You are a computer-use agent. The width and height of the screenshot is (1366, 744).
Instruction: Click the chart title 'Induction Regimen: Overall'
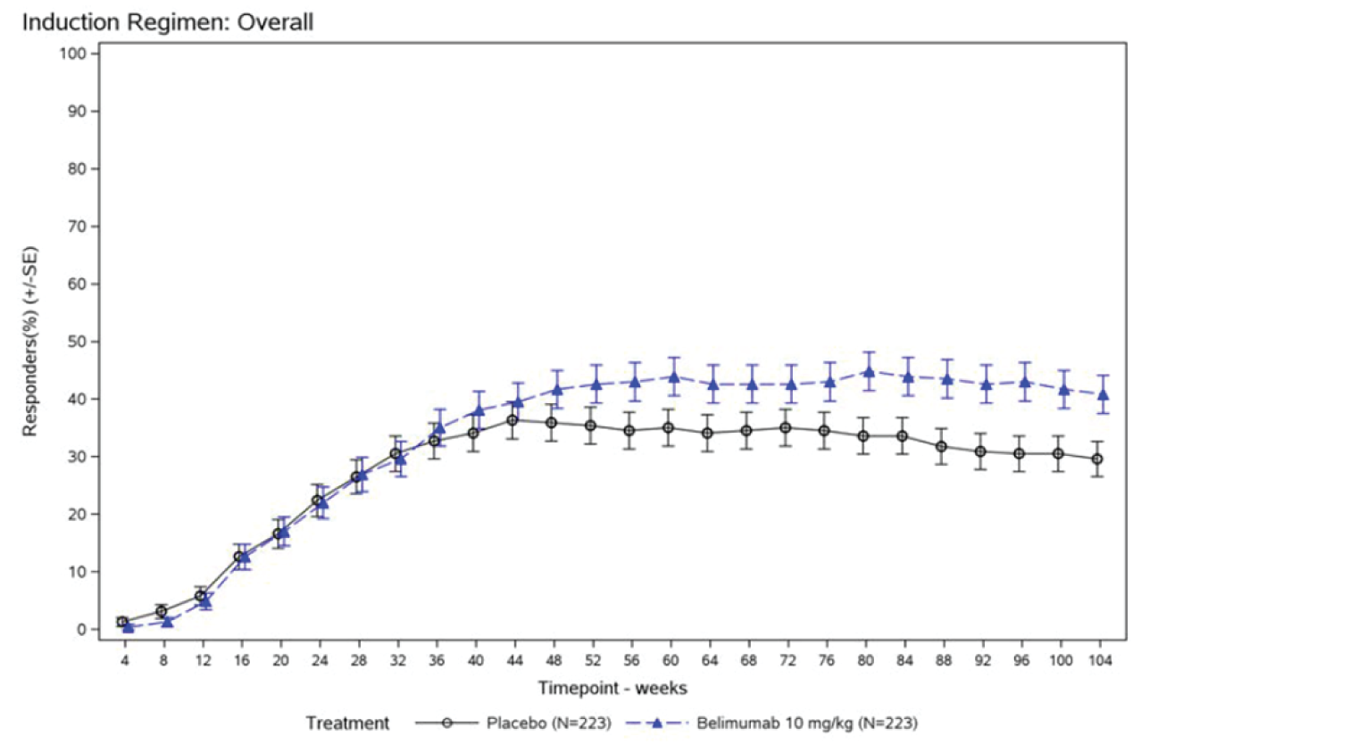point(168,22)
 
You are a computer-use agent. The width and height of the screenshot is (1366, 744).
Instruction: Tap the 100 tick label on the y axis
point(73,54)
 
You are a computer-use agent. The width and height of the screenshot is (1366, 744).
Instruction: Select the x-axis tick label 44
point(514,661)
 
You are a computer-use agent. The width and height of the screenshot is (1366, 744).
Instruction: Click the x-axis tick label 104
point(1100,661)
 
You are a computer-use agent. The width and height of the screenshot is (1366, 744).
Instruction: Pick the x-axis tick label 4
point(124,661)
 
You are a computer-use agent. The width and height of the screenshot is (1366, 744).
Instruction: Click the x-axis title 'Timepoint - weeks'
point(612,688)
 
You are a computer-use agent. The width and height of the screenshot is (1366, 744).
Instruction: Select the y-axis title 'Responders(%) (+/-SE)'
point(31,342)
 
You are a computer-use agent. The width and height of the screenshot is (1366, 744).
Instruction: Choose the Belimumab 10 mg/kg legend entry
point(806,723)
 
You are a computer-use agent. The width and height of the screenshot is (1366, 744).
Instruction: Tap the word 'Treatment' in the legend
point(347,723)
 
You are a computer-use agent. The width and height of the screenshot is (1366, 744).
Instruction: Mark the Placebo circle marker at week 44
point(512,420)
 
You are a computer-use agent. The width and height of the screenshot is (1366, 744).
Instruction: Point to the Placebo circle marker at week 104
point(1097,459)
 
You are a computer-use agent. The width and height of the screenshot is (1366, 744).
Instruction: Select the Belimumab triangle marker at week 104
point(1104,394)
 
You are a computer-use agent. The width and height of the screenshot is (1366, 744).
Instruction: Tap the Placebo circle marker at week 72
point(786,428)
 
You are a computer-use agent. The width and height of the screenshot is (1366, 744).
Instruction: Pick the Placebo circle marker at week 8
point(162,612)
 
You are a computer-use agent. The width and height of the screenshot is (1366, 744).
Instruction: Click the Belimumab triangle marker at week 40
point(479,410)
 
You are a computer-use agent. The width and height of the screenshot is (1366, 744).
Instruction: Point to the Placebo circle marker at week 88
point(941,447)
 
